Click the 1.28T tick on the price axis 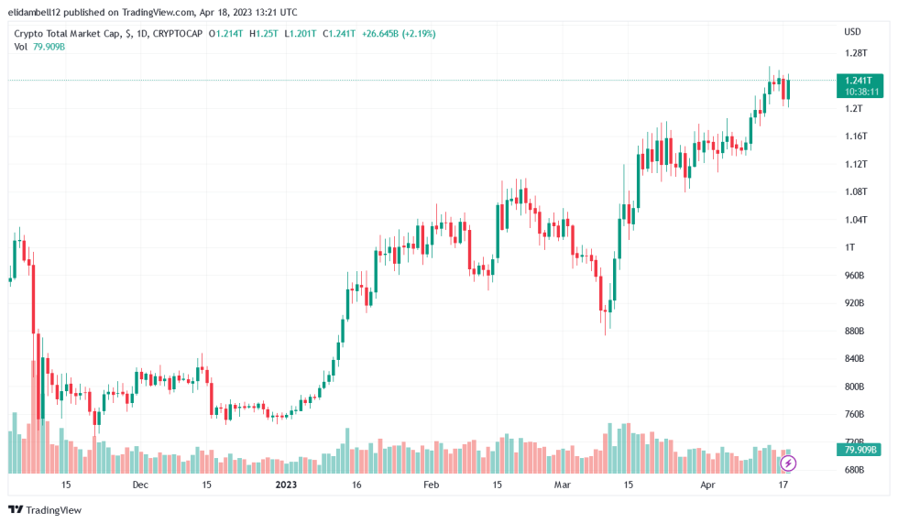856,53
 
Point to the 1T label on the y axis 849,247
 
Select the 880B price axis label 855,331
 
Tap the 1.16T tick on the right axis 856,136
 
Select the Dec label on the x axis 140,485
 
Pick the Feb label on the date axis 431,485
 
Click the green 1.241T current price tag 861,81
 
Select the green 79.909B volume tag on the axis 860,450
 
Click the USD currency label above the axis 852,32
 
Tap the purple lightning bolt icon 788,463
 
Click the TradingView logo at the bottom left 46,509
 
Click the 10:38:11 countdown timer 861,92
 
